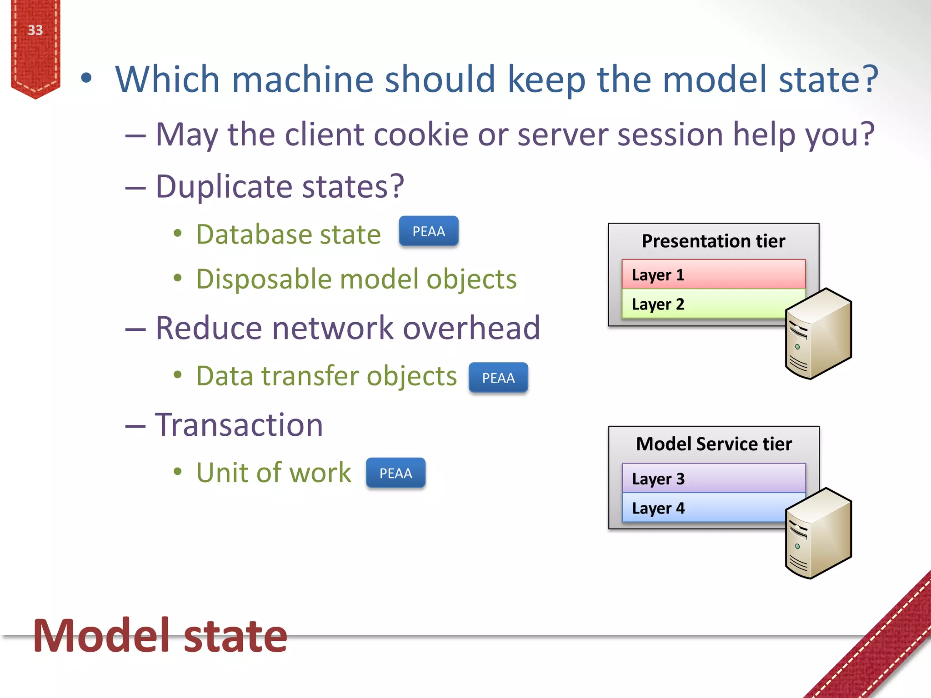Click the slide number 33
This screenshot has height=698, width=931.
[35, 30]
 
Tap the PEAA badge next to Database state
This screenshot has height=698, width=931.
[428, 231]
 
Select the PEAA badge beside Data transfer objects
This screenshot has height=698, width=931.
[498, 378]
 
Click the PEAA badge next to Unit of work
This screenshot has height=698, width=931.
[395, 473]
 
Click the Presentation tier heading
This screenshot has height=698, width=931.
[713, 241]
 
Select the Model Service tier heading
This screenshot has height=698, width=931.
[714, 444]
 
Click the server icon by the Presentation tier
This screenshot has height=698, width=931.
[818, 334]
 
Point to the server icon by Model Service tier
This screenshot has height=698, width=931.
[818, 533]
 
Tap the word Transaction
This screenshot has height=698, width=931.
[239, 425]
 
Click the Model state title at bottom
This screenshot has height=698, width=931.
[160, 636]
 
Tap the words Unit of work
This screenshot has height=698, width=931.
[274, 473]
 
